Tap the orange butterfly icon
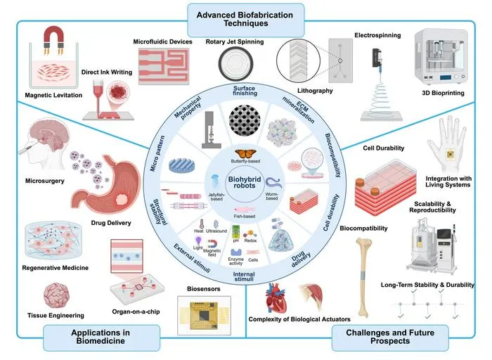point(245,154)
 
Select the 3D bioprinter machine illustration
point(441,58)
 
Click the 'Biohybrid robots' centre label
point(245,182)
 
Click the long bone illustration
point(364,277)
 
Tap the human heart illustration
point(276,297)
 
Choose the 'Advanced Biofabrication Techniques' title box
point(246,20)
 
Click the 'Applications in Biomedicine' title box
point(101,337)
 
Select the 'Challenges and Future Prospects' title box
point(390,337)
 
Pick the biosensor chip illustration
point(204,315)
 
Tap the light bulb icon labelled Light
point(198,240)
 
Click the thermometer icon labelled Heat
point(202,224)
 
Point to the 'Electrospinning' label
point(377,35)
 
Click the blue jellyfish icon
point(215,181)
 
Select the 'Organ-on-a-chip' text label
point(136,311)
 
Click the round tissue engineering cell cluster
point(56,295)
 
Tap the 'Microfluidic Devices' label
point(162,41)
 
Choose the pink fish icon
point(245,210)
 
